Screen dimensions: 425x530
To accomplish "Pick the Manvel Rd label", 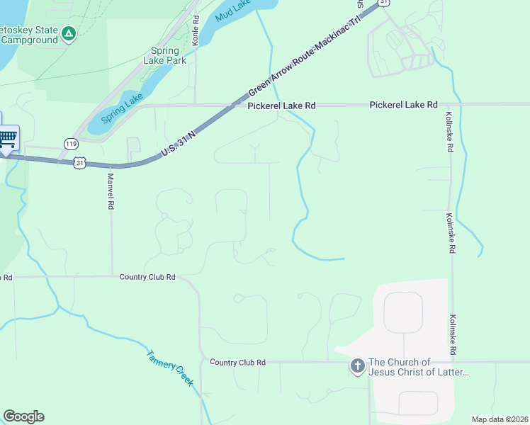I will (111, 191).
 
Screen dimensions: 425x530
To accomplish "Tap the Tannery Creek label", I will (170, 368).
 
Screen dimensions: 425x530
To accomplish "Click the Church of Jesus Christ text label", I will (419, 367).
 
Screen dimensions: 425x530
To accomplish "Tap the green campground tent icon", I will (68, 33).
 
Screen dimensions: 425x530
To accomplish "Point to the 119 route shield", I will (69, 143).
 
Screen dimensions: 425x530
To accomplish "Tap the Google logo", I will (23, 416).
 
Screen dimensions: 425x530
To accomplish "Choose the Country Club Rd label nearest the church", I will (237, 362).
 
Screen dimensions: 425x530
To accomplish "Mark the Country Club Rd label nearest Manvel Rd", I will (147, 277).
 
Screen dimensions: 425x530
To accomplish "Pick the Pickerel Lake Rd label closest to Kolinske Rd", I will (403, 105).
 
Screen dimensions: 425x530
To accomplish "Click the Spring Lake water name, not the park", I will (122, 109).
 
